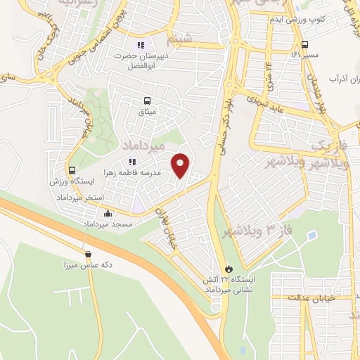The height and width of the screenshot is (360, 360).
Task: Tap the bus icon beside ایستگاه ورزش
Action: [x=72, y=170]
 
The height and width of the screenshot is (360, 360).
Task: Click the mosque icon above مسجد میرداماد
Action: [x=107, y=214]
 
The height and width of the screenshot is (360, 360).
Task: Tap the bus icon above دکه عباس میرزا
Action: [x=88, y=255]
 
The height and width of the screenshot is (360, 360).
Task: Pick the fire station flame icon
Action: [x=227, y=269]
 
